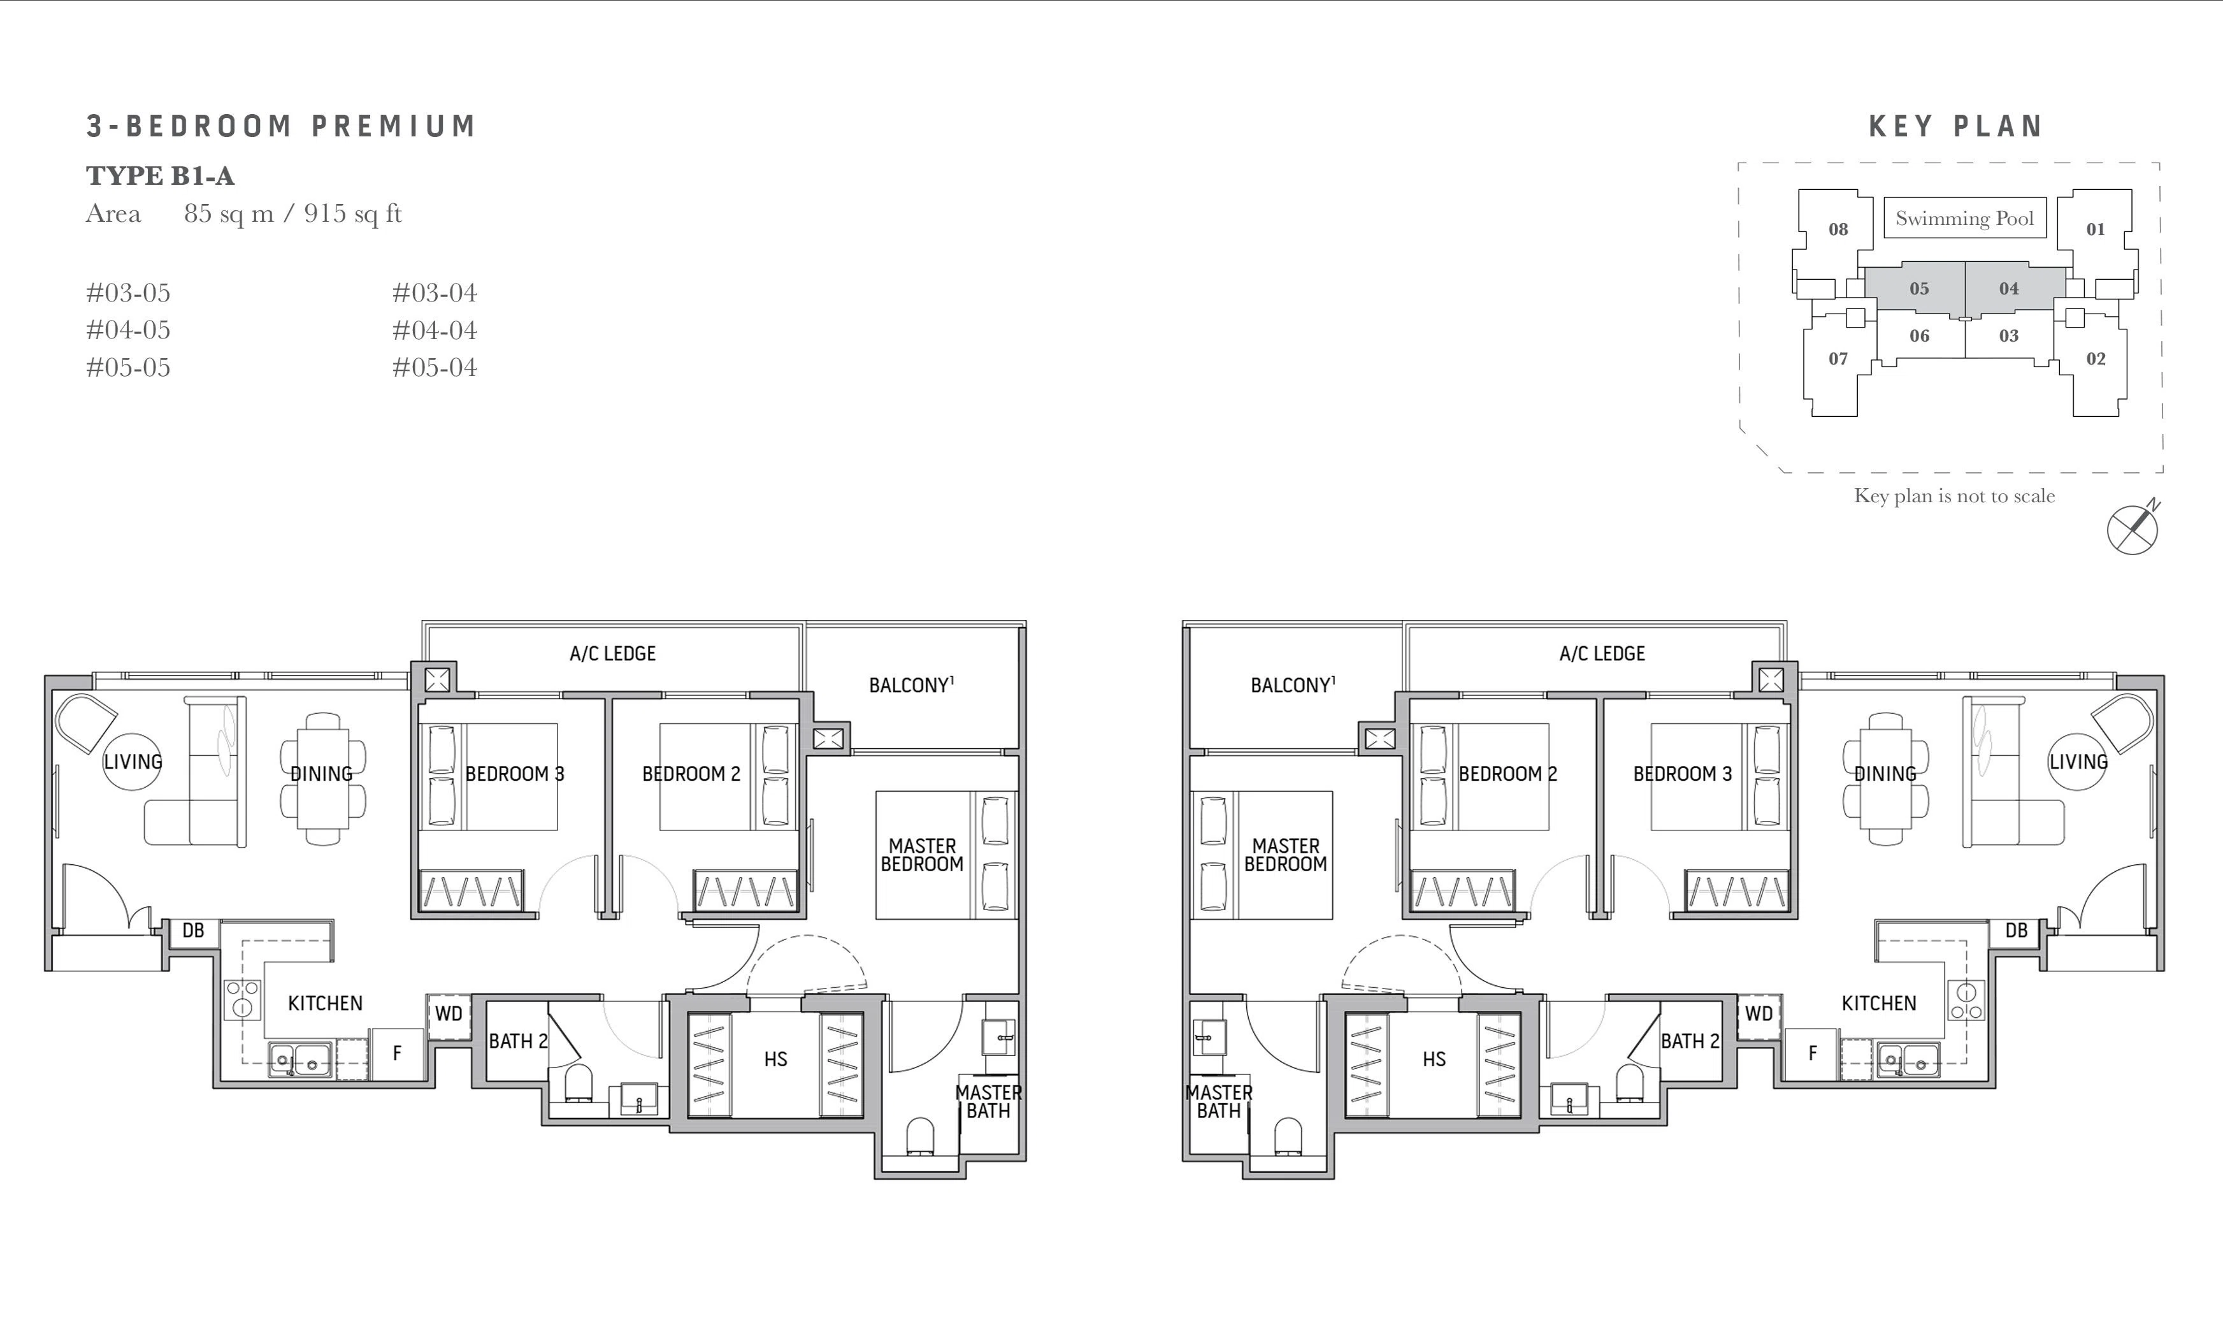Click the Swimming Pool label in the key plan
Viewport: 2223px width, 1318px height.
point(1965,219)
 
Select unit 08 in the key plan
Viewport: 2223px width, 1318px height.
point(1838,229)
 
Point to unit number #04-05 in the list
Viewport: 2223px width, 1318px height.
point(128,330)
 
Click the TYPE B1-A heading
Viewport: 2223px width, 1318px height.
point(161,176)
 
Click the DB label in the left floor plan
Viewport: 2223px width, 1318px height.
point(194,930)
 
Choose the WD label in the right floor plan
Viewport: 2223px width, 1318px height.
point(1759,1013)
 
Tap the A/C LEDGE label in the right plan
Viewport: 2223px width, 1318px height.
point(1602,654)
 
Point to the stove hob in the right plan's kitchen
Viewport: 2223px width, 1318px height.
point(1966,1000)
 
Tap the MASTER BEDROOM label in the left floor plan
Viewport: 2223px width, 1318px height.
point(923,855)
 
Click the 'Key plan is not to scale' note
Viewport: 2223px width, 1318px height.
point(1954,496)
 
